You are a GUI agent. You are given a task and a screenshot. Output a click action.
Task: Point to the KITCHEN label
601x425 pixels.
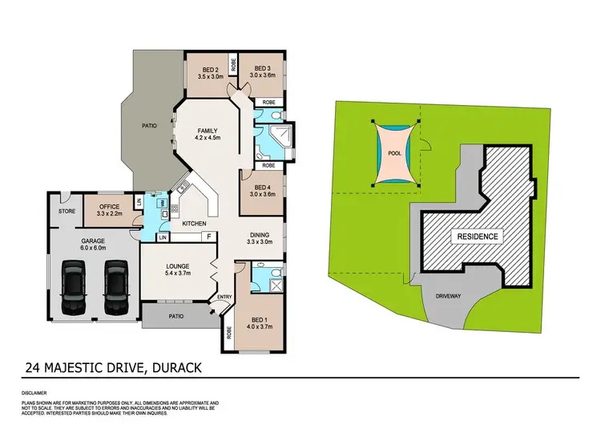click(194, 223)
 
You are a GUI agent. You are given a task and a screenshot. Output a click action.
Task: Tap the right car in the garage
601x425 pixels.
click(116, 285)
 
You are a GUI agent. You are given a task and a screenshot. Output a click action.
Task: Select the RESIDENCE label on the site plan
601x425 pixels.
click(478, 237)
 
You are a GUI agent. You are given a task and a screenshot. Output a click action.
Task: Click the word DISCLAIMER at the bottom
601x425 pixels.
click(38, 394)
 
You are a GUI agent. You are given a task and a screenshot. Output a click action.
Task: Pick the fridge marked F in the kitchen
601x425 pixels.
click(208, 237)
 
